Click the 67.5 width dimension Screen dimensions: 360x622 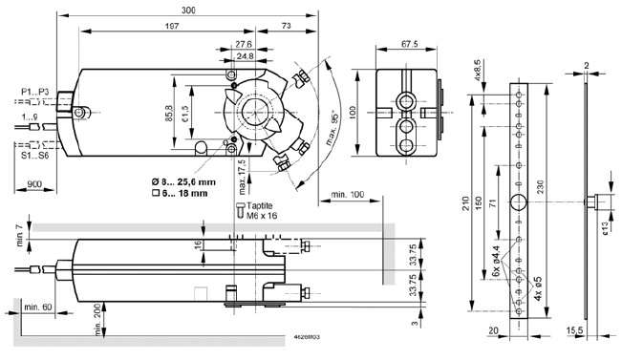coord(410,44)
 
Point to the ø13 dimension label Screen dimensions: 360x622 coord(606,226)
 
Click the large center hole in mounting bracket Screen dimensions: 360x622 coord(519,201)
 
